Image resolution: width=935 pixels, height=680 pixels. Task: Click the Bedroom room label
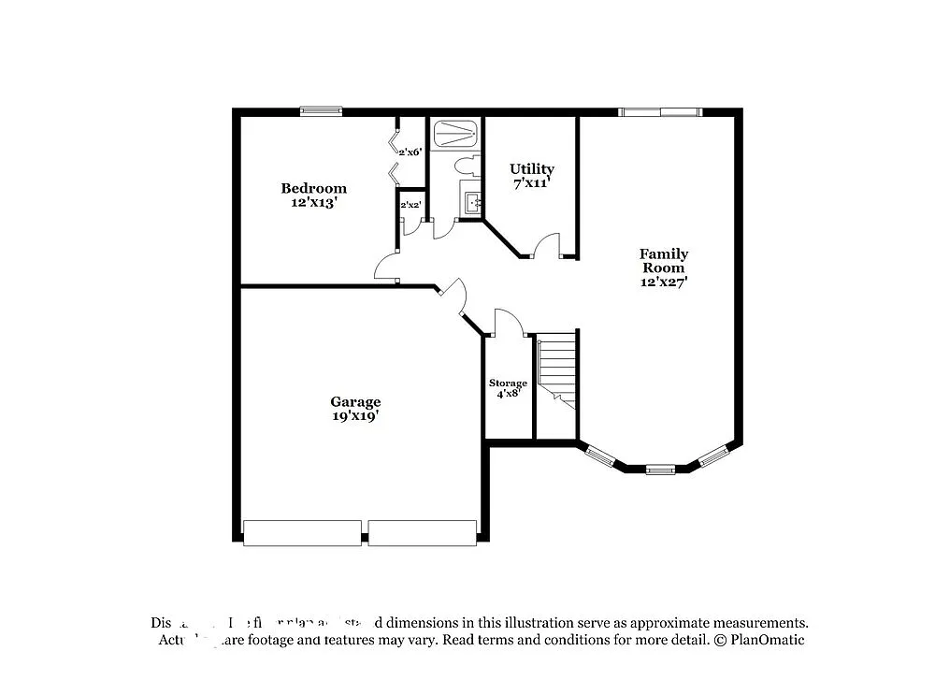click(x=313, y=188)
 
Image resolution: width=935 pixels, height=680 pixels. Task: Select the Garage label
click(x=354, y=401)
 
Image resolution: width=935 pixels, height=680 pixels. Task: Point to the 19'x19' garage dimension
click(x=354, y=416)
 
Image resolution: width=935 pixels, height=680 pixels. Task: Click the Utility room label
click(x=531, y=168)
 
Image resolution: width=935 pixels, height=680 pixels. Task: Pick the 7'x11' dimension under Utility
click(x=531, y=183)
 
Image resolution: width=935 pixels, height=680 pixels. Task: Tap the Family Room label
click(x=664, y=260)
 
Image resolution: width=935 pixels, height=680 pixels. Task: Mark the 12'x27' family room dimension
click(x=664, y=282)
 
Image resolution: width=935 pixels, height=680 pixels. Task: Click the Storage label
click(x=508, y=383)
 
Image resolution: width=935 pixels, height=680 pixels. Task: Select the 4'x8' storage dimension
click(x=508, y=394)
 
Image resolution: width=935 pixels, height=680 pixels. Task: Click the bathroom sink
click(x=471, y=200)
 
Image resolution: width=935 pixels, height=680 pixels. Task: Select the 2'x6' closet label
click(x=410, y=152)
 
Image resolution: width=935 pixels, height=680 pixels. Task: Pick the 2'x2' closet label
click(x=410, y=204)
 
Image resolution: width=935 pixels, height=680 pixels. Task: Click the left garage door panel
click(x=302, y=532)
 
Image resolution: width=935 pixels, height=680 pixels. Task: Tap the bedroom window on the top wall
click(x=320, y=111)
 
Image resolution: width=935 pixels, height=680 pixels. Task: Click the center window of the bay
click(x=660, y=469)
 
